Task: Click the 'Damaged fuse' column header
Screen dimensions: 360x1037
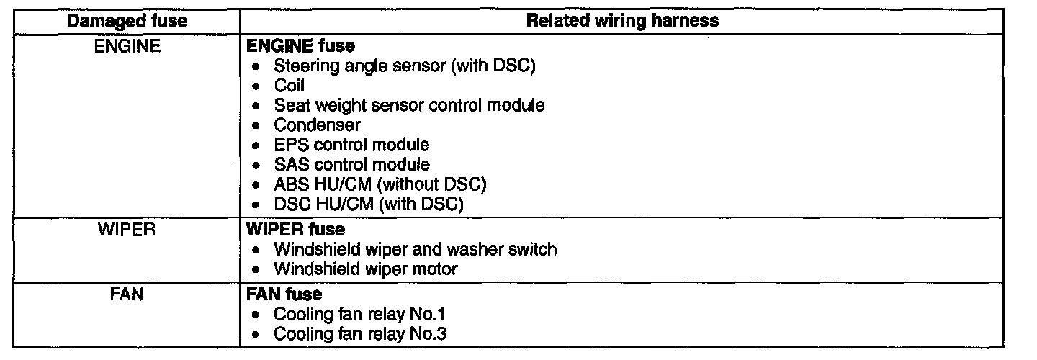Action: coord(127,20)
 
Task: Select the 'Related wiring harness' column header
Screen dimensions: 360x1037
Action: coord(622,20)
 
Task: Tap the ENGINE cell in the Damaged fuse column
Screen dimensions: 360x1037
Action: coord(127,46)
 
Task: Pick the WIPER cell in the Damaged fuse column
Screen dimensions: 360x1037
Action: coord(127,230)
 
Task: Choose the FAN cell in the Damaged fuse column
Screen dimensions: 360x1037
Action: coord(127,295)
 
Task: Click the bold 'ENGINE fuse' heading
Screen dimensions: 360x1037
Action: coord(300,46)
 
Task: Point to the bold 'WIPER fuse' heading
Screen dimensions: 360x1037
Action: coord(295,230)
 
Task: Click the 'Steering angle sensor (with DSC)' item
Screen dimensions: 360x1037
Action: coord(405,66)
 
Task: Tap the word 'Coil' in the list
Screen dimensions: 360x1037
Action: coord(289,86)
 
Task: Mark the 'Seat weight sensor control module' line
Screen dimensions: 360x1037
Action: coord(409,105)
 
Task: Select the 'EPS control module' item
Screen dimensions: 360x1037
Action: coord(351,145)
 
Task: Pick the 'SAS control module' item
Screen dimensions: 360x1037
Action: coord(351,165)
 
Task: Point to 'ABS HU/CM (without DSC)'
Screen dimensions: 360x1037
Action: coord(380,184)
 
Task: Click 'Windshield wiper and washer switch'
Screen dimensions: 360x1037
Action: coord(416,250)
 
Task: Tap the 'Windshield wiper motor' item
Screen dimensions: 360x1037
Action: coord(366,270)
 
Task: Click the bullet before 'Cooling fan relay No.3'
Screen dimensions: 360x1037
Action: coord(256,335)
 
